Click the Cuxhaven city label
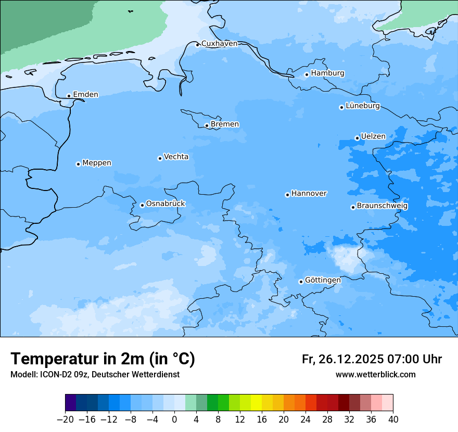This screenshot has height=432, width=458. (219, 44)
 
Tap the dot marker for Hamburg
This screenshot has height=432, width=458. (307, 74)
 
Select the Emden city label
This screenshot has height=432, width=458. (85, 95)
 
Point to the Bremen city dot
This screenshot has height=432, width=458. (207, 125)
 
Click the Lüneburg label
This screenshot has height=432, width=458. (363, 106)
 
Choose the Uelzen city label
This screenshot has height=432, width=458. (373, 137)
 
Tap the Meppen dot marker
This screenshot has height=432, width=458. (78, 164)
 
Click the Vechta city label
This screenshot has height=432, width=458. (176, 157)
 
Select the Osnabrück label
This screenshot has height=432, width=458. (166, 204)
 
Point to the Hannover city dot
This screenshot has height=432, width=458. (287, 195)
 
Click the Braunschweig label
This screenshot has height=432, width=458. (382, 206)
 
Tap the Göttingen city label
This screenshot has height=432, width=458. (323, 281)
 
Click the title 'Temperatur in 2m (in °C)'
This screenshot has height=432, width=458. (103, 359)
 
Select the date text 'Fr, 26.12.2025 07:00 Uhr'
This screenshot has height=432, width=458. (372, 359)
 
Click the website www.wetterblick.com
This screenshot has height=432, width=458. (375, 375)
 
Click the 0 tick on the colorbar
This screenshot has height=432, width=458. (174, 420)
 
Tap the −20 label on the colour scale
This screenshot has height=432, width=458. (65, 420)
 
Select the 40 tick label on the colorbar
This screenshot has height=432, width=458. (393, 420)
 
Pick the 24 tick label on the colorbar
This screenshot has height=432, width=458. (306, 420)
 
